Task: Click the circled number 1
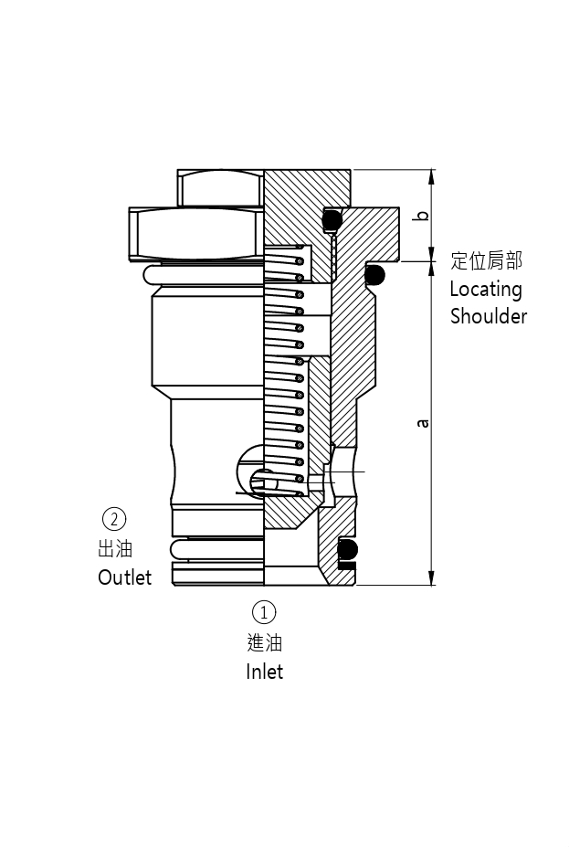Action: [263, 611]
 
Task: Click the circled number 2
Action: [114, 519]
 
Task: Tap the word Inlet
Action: [264, 672]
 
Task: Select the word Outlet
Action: [125, 577]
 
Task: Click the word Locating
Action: [486, 290]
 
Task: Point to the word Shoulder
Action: [489, 317]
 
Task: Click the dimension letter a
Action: [422, 423]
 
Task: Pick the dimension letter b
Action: [422, 217]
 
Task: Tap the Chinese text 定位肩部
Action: [487, 261]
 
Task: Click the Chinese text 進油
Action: [264, 642]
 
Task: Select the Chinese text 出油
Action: [115, 549]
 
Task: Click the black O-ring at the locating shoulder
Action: [374, 273]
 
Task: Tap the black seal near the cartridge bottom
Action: [348, 551]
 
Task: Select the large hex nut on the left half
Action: [196, 233]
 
